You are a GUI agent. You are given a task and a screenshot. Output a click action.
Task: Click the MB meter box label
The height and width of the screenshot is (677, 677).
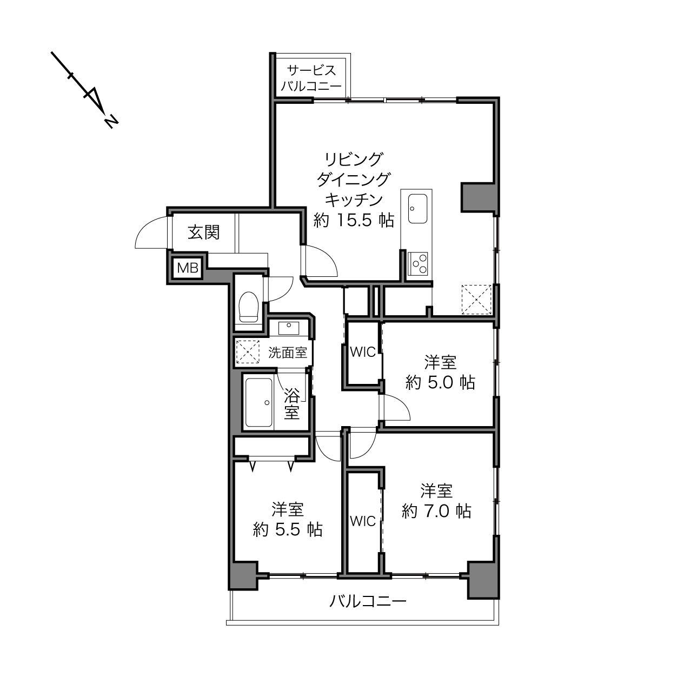click(x=188, y=268)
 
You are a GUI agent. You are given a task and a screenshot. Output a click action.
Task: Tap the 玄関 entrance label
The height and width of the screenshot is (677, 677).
click(x=203, y=232)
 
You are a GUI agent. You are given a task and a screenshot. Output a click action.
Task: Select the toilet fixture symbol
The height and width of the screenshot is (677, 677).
click(x=248, y=307)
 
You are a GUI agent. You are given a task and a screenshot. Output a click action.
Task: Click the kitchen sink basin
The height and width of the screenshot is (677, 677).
click(x=418, y=209)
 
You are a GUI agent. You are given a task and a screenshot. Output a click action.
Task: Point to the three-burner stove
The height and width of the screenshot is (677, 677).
click(x=418, y=264)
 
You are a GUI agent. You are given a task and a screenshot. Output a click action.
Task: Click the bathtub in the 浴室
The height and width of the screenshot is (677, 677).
click(x=259, y=403)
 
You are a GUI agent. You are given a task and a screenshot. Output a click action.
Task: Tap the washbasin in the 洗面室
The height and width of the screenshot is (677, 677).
click(x=288, y=328)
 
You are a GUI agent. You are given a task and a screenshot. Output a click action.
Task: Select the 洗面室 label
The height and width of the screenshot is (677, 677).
click(x=288, y=353)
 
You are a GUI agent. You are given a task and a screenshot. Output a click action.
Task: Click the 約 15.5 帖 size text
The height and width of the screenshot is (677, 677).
click(x=354, y=220)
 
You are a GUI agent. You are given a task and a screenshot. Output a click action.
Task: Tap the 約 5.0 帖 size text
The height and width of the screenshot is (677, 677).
click(x=440, y=382)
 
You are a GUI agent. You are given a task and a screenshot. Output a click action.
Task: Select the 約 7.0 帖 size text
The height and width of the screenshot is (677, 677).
click(x=436, y=511)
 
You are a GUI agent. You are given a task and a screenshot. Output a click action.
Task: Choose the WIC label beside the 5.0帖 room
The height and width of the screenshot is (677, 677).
click(x=363, y=352)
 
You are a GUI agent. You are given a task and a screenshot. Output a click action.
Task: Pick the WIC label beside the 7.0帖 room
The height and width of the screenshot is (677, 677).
click(x=363, y=521)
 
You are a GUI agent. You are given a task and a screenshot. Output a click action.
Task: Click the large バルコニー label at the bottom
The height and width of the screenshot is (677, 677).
click(x=368, y=601)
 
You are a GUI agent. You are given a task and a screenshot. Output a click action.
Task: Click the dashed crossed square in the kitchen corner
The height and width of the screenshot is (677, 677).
click(x=476, y=300)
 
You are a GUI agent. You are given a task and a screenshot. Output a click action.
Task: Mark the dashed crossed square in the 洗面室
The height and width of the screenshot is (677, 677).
click(x=247, y=351)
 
